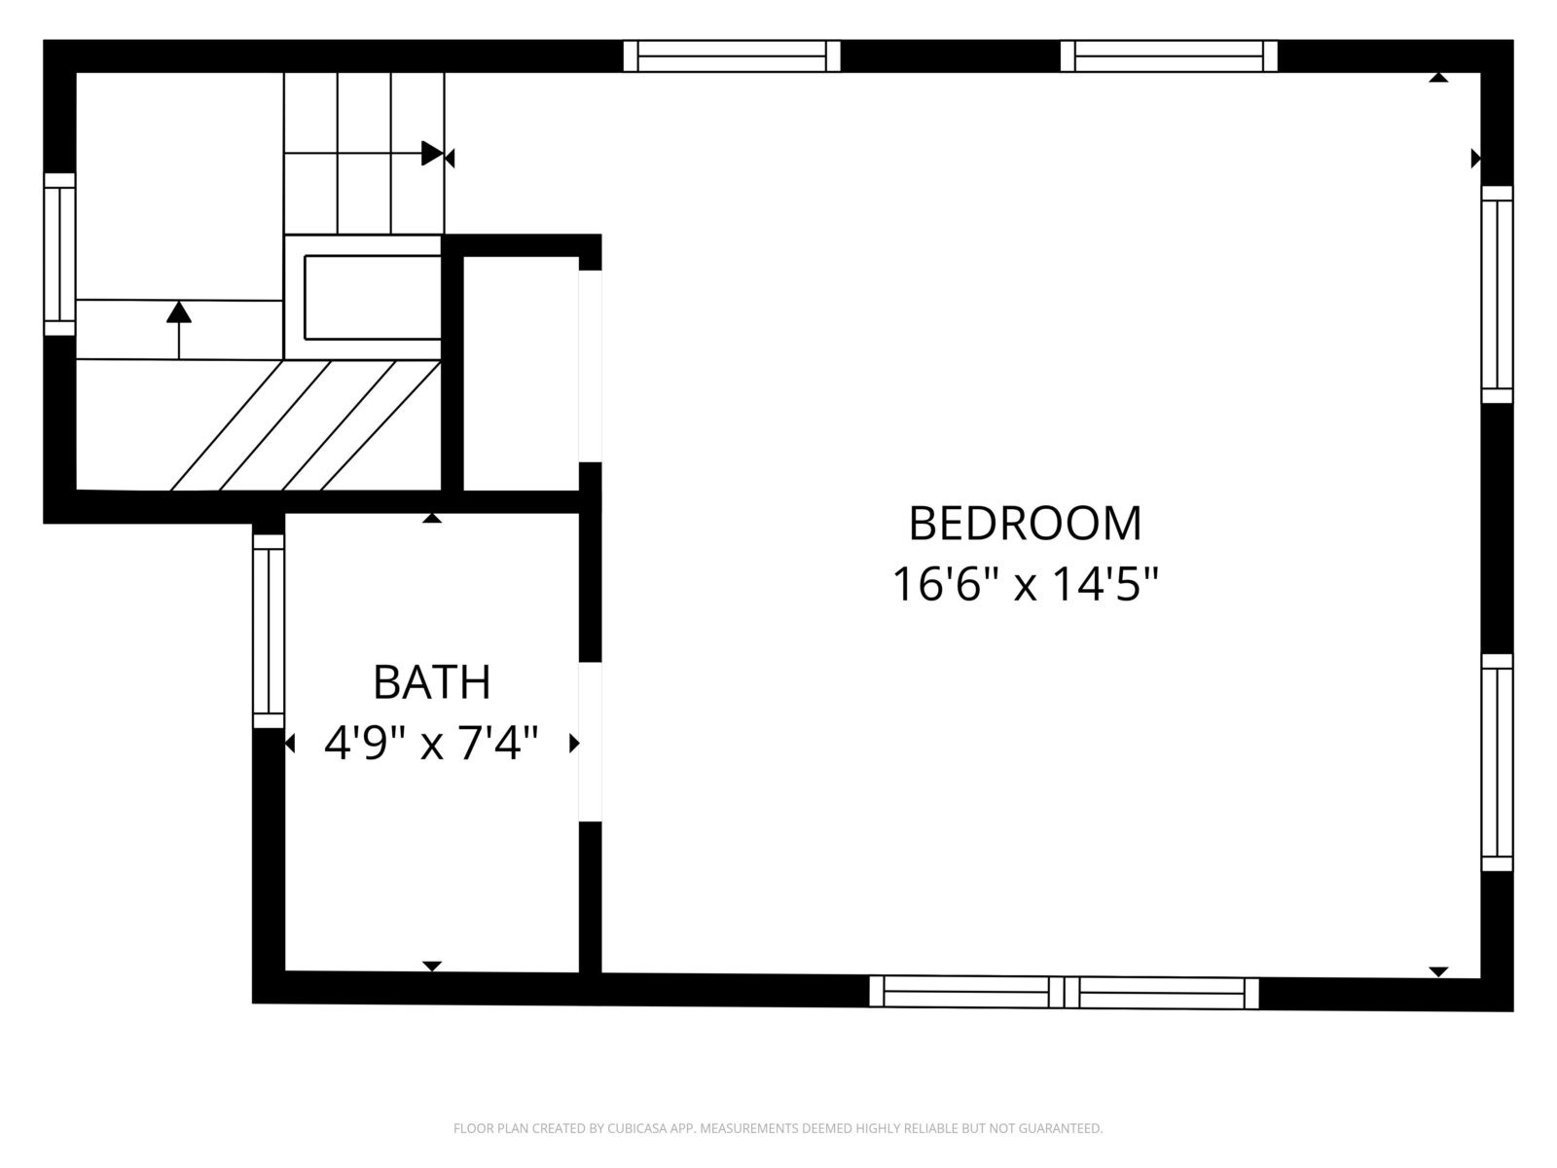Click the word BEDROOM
[x=1025, y=524]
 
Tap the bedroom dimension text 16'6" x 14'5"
[x=1025, y=584]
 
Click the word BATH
[x=431, y=682]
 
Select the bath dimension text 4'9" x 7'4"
[x=431, y=744]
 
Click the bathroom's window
[x=269, y=631]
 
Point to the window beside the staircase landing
[x=59, y=254]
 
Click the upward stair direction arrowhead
[x=179, y=312]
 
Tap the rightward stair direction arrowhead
[x=432, y=153]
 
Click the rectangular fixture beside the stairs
[x=373, y=297]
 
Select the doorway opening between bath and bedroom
[x=590, y=742]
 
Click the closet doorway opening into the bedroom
[x=590, y=366]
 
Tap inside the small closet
[x=522, y=373]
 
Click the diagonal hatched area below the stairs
[x=305, y=424]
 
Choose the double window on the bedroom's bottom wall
[x=1064, y=992]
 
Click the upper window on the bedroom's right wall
[x=1497, y=294]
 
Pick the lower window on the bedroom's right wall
[x=1497, y=762]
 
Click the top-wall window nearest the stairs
[x=732, y=56]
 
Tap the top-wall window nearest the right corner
[x=1169, y=56]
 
